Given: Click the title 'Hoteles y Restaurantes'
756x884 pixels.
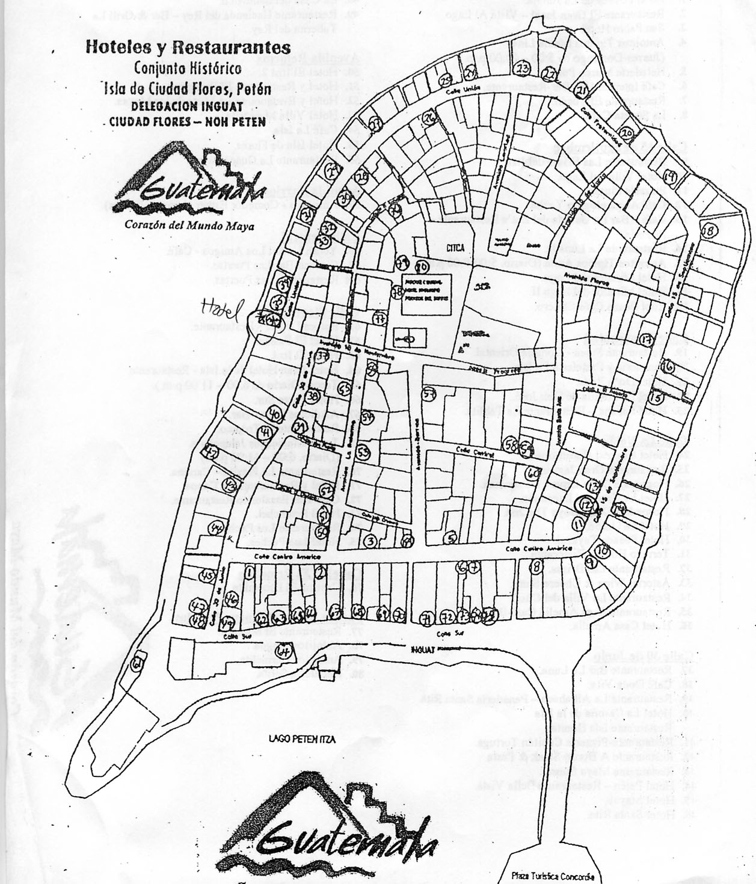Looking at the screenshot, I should (x=188, y=48).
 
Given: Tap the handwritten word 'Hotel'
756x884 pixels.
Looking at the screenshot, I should (x=221, y=308).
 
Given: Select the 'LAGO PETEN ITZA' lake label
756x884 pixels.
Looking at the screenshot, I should (x=301, y=740).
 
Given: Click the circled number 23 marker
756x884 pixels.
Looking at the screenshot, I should (x=523, y=69).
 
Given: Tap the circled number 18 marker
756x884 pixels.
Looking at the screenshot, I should (x=708, y=230).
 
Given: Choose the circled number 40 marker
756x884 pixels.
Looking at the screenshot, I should (x=274, y=414).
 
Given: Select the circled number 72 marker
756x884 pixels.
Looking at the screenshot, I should (x=446, y=617).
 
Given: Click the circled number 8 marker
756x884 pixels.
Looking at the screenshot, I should (x=536, y=566).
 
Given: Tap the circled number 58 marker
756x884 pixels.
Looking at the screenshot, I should (x=512, y=444).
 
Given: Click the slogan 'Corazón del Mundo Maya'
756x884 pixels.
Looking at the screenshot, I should (x=189, y=226).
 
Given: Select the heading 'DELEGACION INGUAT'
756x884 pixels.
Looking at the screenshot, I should (x=187, y=106).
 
